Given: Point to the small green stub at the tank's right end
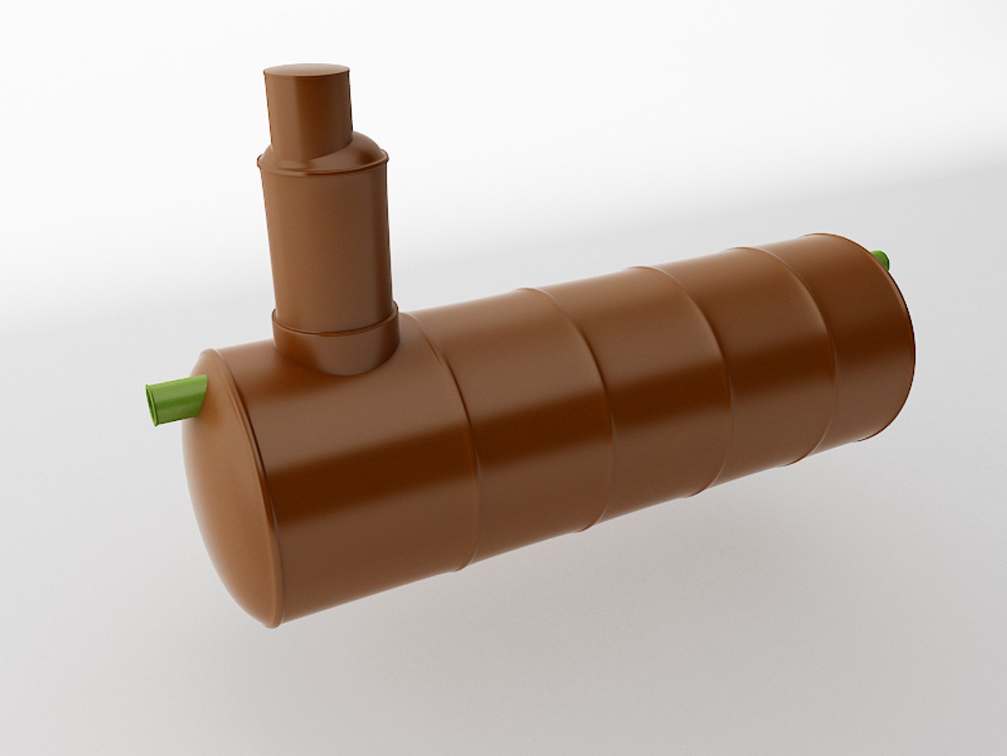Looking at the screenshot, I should (x=883, y=260).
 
